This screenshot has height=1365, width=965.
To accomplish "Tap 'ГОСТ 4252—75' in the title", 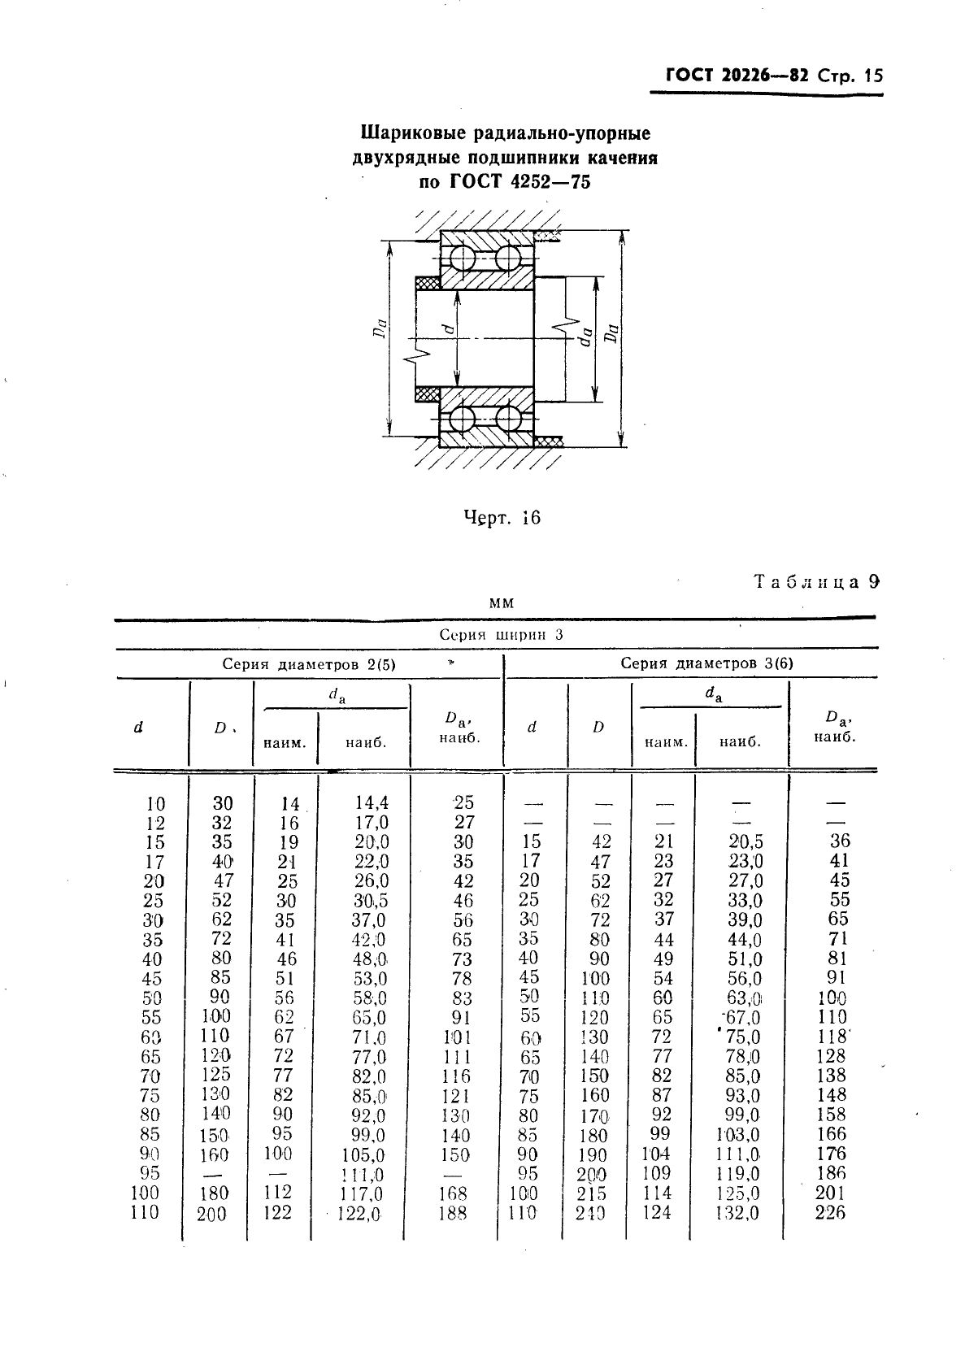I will click(x=519, y=181).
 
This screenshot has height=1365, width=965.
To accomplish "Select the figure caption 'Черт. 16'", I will click(x=502, y=518).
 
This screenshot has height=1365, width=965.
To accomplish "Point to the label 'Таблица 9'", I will click(x=816, y=582).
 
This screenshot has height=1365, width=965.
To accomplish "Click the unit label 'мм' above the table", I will click(x=502, y=603).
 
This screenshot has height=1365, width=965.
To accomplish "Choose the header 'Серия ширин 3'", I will click(x=501, y=635).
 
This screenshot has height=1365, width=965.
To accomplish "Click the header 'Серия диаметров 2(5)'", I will click(x=309, y=664).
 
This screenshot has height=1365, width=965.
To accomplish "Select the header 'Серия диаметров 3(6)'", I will click(x=706, y=663).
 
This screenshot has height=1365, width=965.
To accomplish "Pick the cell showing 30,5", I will click(x=370, y=901).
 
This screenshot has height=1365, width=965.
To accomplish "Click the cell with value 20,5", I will click(x=745, y=842).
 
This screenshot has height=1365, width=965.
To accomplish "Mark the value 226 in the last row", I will click(x=830, y=1213).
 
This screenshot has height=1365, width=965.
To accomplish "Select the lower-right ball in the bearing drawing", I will click(x=509, y=419).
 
